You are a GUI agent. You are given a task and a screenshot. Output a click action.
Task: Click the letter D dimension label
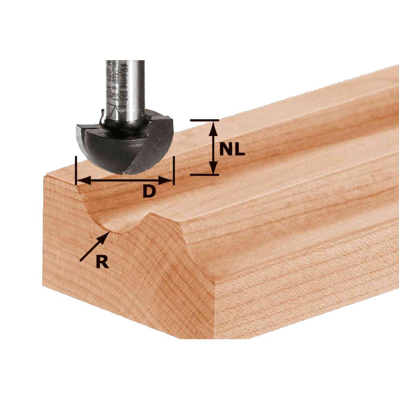[148, 192]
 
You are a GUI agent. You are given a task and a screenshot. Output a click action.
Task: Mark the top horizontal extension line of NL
[204, 120]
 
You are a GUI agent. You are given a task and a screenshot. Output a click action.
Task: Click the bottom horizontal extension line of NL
[204, 175]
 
